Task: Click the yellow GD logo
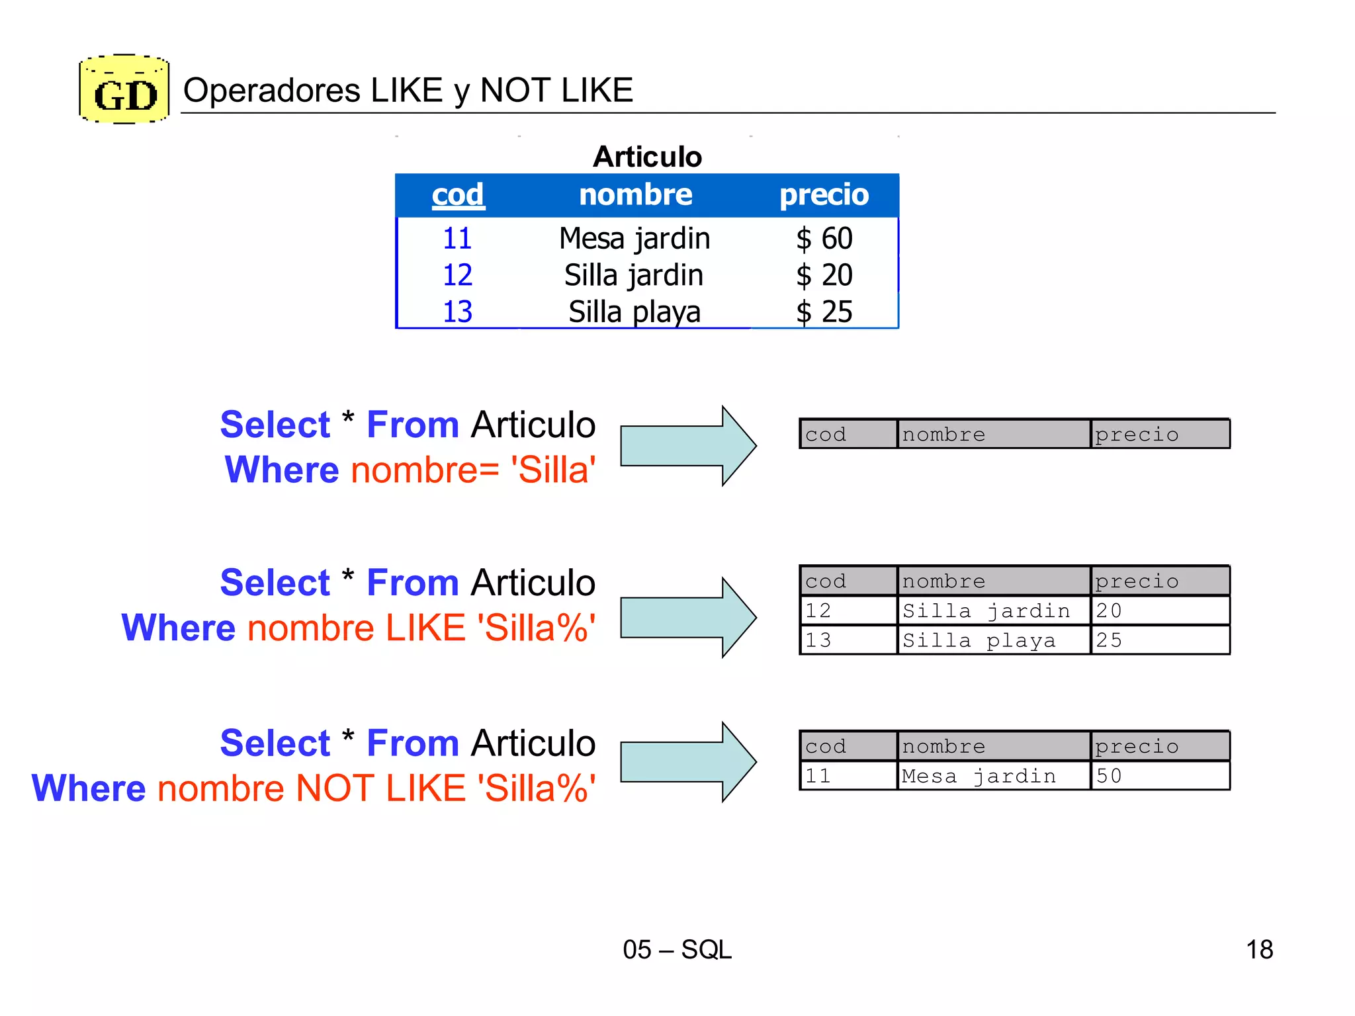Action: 124,90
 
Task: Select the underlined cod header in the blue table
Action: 458,194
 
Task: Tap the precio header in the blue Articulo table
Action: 824,194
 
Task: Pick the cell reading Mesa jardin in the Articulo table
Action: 634,238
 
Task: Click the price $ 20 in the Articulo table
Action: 824,275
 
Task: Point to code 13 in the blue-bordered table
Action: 457,312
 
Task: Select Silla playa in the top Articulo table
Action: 634,312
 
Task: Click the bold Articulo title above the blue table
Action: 647,157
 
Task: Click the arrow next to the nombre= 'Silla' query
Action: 688,446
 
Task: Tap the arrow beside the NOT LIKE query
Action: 688,762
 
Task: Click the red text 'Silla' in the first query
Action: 553,470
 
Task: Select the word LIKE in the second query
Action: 425,628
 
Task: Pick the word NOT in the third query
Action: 335,788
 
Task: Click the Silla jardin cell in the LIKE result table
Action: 986,611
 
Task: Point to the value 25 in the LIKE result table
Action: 1109,640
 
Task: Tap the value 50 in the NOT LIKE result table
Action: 1109,776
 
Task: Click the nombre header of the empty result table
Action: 943,435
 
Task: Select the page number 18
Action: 1259,950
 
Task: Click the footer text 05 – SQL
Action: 677,950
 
